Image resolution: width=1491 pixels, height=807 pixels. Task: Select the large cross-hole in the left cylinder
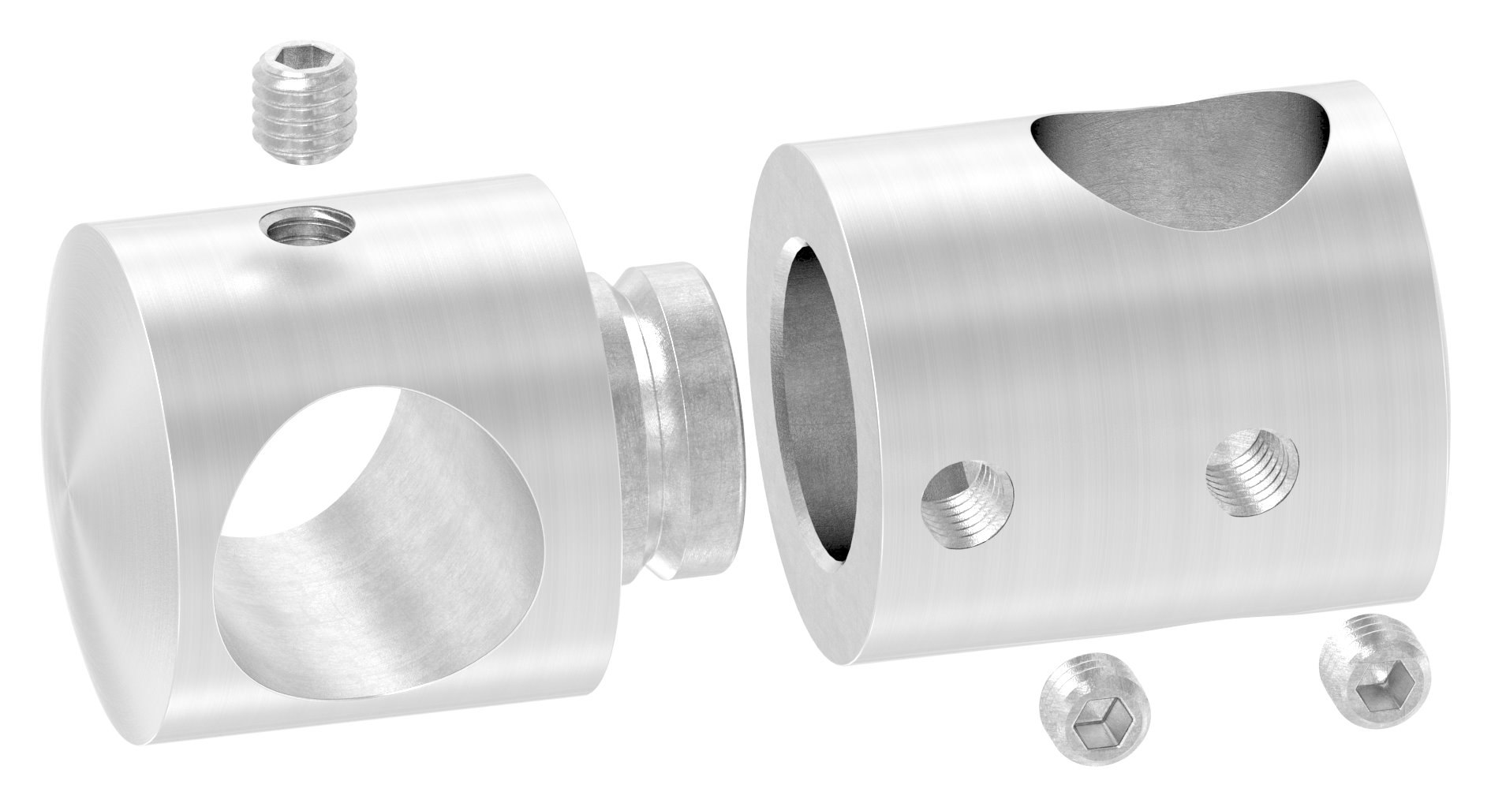pyautogui.click(x=347, y=505)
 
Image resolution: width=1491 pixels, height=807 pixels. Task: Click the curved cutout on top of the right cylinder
pyautogui.click(x=1183, y=158)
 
